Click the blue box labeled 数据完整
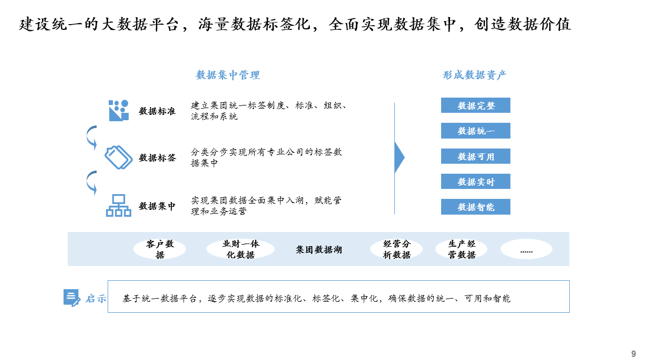pos(476,105)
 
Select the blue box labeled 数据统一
pos(476,131)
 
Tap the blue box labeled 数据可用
pos(476,156)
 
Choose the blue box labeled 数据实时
pos(476,181)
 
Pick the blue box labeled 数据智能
pos(476,207)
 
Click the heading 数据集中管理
pos(228,75)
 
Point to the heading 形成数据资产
pos(474,75)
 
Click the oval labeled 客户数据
pos(160,249)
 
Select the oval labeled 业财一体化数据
pos(241,249)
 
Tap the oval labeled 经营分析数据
pos(396,249)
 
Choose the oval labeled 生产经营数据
pos(462,249)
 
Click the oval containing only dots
pos(527,249)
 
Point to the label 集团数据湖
pos(319,250)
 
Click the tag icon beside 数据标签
pos(119,157)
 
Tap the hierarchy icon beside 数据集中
pos(119,205)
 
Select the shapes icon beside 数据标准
pos(119,110)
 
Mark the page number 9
pos(633,354)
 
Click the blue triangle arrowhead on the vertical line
pos(399,157)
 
